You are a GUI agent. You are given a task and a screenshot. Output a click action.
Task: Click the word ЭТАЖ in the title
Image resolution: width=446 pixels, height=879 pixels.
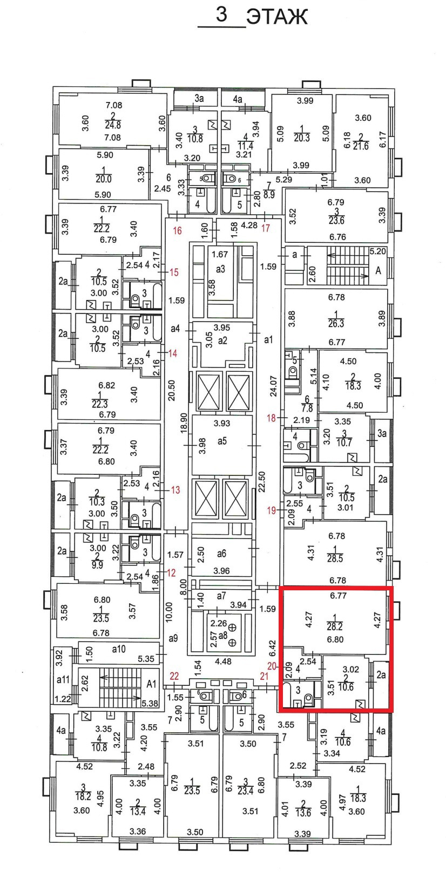[276, 17]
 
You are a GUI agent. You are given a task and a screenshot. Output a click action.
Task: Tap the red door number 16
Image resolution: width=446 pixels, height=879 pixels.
[177, 231]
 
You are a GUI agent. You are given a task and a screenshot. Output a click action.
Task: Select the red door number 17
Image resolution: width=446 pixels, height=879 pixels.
[266, 228]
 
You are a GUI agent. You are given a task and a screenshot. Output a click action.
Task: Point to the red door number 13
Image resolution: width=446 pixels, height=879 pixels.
[175, 490]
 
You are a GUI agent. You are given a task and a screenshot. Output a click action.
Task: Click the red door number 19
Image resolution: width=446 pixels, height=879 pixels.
[271, 510]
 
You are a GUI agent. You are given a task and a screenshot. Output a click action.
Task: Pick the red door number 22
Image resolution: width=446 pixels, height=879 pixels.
[174, 676]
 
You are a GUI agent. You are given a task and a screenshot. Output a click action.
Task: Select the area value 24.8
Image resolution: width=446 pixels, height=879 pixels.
[113, 125]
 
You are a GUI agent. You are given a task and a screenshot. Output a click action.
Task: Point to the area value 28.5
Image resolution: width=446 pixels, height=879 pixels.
[335, 559]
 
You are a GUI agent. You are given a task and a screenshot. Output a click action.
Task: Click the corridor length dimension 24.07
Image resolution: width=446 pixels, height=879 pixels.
[273, 386]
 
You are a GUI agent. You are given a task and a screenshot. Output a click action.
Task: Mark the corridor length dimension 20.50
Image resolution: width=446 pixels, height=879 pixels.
[172, 389]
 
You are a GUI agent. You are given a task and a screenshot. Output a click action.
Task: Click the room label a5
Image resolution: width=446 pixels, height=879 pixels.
[222, 441]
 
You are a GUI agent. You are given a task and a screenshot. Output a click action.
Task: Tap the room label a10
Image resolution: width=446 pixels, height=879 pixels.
[119, 649]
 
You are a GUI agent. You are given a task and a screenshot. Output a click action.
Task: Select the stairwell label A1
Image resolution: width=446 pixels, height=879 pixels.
[152, 684]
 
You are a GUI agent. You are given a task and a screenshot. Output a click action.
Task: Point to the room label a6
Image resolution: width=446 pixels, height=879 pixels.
[221, 554]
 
